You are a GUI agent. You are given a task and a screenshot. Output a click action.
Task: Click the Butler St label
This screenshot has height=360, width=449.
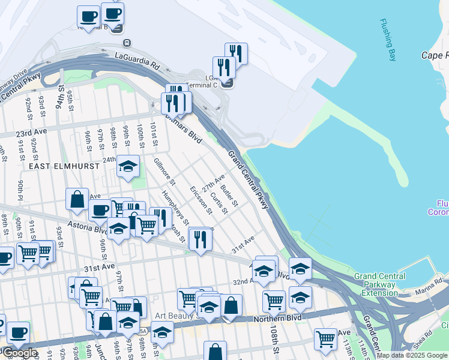tap(230, 194)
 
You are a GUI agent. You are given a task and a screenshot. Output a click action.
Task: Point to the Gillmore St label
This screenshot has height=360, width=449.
tap(164, 171)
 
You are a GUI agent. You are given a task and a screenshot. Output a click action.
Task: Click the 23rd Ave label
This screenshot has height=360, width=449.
tap(31, 133)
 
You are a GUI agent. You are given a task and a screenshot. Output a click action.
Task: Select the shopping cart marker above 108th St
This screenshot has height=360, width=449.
tap(274, 300)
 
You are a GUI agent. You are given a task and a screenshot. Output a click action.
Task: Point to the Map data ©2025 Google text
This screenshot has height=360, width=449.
tap(412, 356)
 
